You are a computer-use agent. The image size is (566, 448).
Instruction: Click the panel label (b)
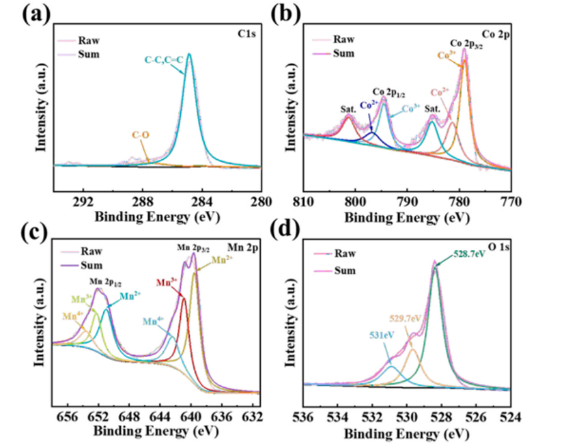tap(285, 14)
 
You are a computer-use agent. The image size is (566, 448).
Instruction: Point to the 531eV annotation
tap(382, 336)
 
